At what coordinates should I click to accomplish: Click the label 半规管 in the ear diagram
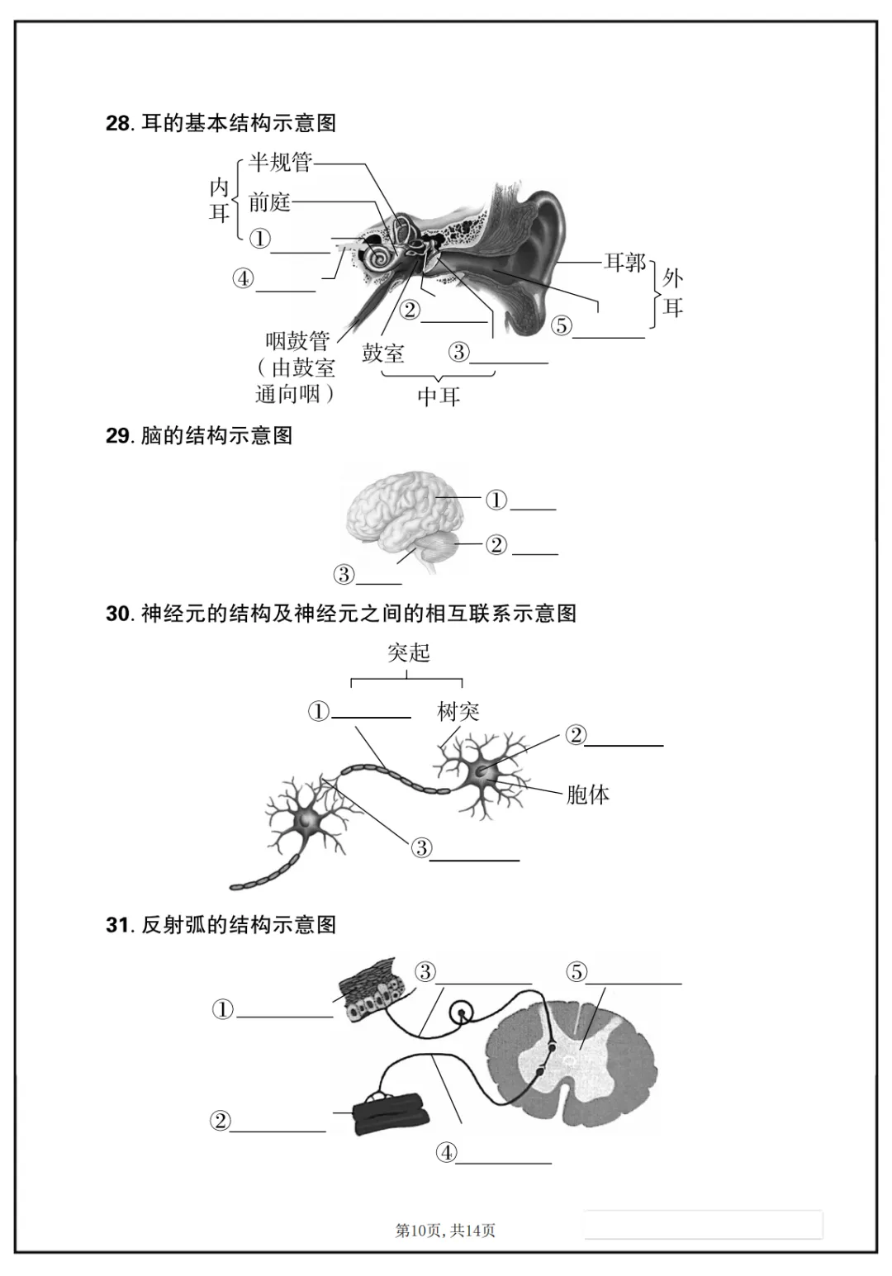(x=280, y=163)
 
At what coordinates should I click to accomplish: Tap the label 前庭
(x=269, y=202)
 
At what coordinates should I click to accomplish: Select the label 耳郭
(x=624, y=263)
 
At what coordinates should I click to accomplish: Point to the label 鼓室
(x=383, y=353)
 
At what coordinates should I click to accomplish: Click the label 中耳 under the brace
(x=438, y=396)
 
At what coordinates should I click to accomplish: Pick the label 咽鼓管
(x=297, y=341)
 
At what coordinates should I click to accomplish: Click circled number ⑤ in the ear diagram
(x=562, y=325)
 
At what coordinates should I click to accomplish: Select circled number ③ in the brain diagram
(x=344, y=574)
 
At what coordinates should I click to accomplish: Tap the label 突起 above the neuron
(x=409, y=653)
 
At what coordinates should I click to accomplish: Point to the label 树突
(x=458, y=712)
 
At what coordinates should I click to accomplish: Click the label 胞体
(x=587, y=795)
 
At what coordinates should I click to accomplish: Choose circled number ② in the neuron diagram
(x=576, y=735)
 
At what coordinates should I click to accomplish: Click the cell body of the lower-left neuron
(x=309, y=820)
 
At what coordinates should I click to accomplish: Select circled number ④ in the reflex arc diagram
(x=446, y=1153)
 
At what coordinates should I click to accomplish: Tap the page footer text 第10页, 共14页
(x=445, y=1231)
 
